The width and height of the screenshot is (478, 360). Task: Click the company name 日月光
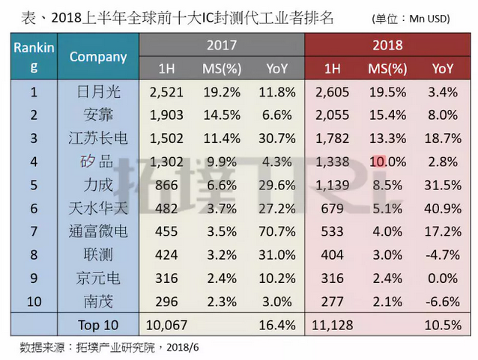tap(98, 92)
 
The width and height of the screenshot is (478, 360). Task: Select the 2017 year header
tap(222, 45)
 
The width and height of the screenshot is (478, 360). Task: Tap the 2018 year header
tap(387, 45)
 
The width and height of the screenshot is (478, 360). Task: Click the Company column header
tap(98, 56)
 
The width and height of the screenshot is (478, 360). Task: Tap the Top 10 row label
tap(98, 324)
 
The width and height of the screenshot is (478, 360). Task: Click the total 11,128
tap(333, 324)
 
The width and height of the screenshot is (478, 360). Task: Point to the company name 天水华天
tap(98, 208)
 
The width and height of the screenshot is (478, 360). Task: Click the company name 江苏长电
tap(98, 138)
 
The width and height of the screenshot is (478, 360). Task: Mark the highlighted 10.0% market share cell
tap(387, 162)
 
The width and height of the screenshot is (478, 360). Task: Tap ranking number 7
tap(34, 231)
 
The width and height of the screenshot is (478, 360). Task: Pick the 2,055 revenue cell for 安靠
tap(333, 115)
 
